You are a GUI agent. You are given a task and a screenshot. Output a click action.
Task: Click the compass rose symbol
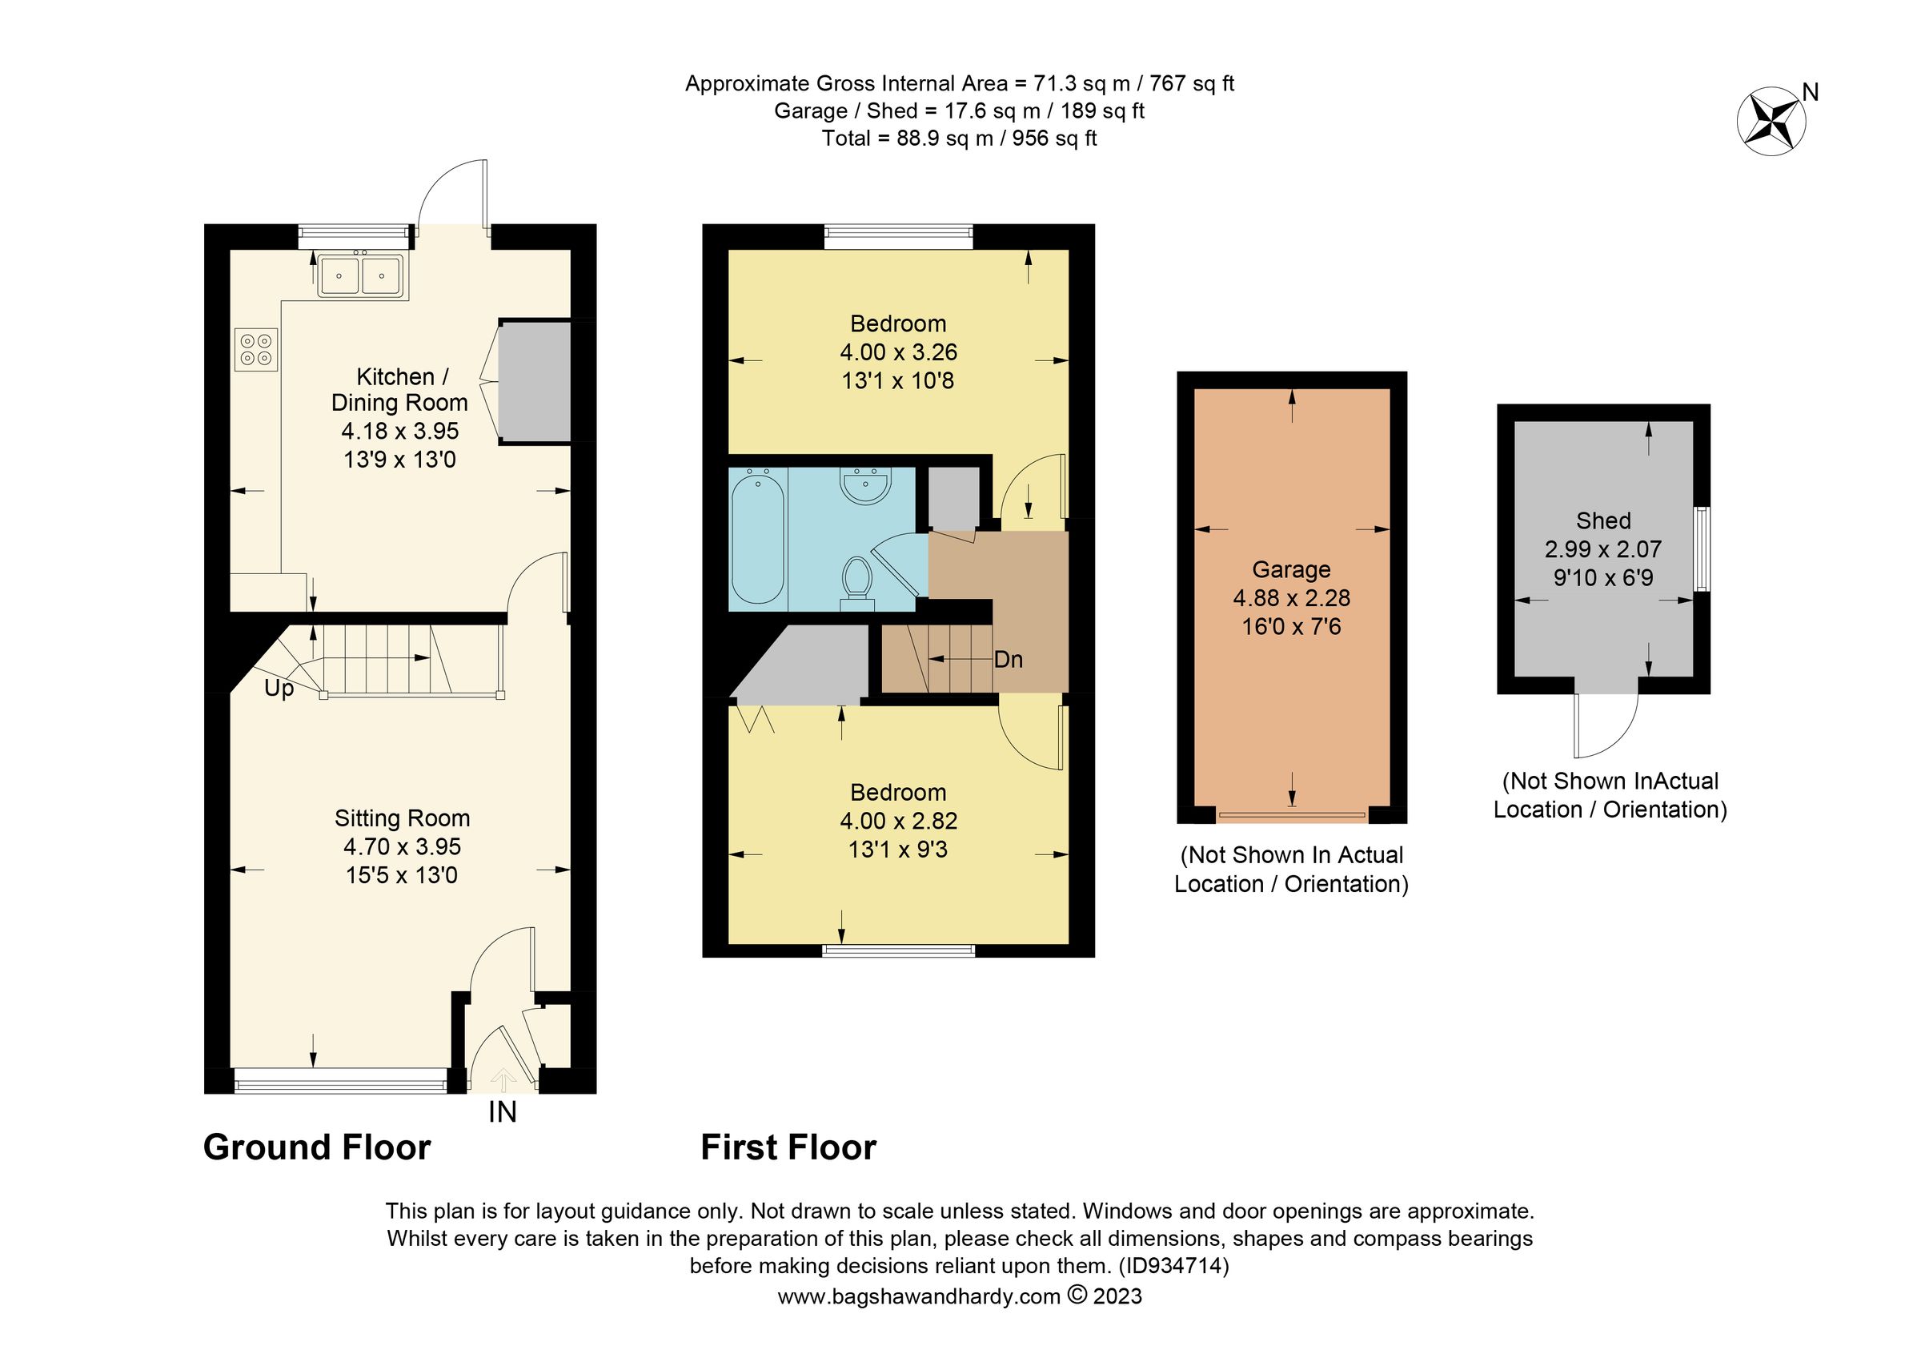(x=1771, y=123)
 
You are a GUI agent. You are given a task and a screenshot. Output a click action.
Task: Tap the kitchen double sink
(x=361, y=275)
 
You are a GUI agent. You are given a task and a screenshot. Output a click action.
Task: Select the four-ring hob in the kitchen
(x=256, y=350)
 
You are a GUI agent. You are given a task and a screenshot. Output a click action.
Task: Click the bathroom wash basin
(x=865, y=486)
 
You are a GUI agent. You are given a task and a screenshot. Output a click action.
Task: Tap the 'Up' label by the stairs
(x=279, y=688)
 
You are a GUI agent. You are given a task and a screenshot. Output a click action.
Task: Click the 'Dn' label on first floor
(x=1009, y=659)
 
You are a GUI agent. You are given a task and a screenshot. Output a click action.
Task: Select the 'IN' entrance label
(x=502, y=1112)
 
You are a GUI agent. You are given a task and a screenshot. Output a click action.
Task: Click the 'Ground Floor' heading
(x=317, y=1147)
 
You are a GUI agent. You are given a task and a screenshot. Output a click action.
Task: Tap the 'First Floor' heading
(x=788, y=1147)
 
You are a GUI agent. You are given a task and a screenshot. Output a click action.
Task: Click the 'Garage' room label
(x=1291, y=570)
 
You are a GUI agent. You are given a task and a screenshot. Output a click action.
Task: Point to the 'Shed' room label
(x=1603, y=520)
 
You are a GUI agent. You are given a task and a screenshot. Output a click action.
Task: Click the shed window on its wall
(x=1702, y=549)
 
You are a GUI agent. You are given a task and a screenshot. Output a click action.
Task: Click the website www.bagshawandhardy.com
(x=919, y=1296)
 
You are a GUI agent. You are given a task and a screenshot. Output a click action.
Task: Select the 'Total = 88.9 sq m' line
(x=959, y=138)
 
